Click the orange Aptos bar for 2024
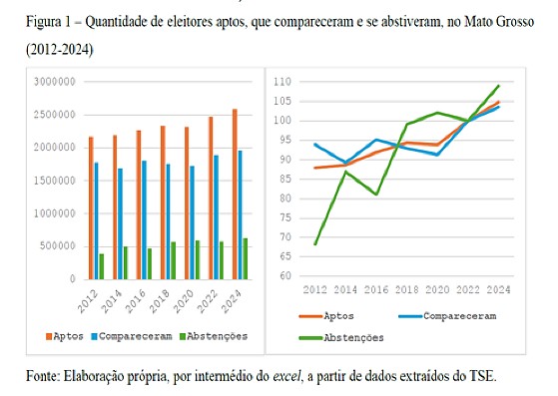click(234, 194)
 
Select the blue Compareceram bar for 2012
click(96, 220)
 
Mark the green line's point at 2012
click(314, 244)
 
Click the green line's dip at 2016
click(376, 195)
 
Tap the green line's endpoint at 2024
click(499, 86)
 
